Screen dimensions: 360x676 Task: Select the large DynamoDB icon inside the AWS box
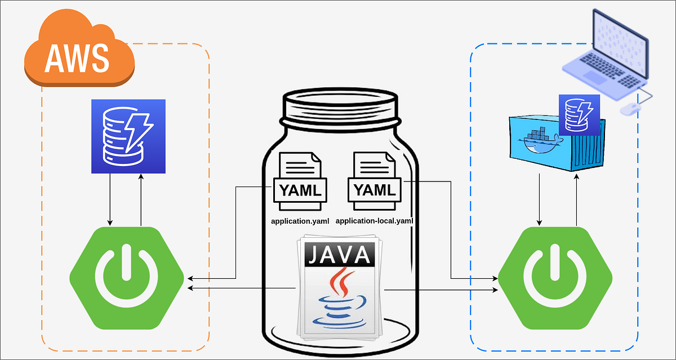coord(128,136)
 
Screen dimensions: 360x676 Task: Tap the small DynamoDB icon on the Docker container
coord(579,114)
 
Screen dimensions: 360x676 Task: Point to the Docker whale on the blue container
coord(538,141)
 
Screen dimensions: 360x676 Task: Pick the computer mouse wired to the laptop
coord(630,109)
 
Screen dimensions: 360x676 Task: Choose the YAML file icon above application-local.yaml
coord(373,177)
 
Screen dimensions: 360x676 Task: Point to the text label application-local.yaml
coord(374,221)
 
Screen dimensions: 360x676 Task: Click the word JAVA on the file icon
coord(338,254)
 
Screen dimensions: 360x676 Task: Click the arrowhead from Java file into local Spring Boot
coord(495,290)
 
